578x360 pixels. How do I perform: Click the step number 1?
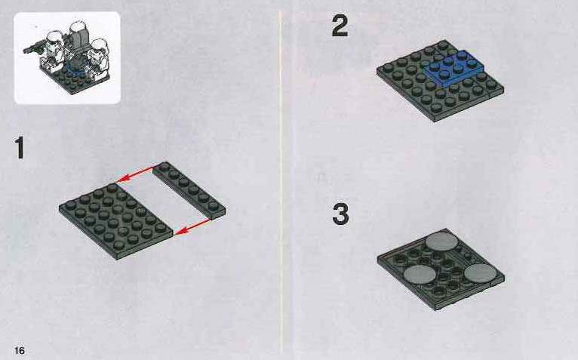[19, 147]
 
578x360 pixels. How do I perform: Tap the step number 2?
[340, 25]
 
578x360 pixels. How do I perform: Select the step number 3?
[340, 214]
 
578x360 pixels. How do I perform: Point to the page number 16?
[20, 350]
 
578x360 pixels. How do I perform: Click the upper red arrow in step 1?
[135, 174]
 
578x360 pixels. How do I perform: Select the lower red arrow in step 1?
[192, 226]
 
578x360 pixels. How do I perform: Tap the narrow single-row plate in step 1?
[189, 190]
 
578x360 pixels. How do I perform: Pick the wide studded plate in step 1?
[115, 221]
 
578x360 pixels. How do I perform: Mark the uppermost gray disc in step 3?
[441, 242]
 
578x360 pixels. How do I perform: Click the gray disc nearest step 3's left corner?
[420, 275]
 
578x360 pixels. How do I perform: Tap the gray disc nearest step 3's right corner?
[481, 273]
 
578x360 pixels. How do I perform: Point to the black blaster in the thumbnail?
[34, 48]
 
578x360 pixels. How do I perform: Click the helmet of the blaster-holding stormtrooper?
[54, 38]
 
